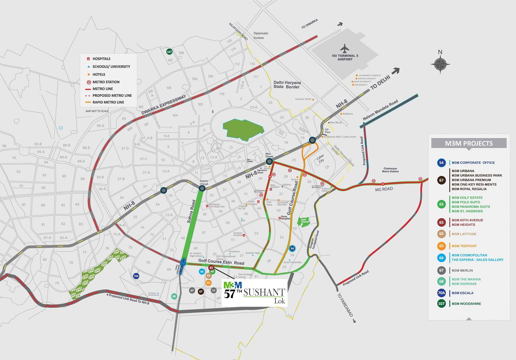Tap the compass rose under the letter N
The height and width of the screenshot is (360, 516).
pos(440,64)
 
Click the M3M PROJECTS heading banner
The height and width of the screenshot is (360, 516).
pos(469,144)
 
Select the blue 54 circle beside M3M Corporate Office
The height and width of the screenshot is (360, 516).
pos(441,163)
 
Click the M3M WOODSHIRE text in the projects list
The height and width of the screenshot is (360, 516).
pos(466,304)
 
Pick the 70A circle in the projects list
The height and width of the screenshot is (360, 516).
pos(441,293)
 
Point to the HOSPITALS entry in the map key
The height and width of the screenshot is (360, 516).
pos(101,59)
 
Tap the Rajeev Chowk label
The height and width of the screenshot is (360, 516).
pos(204,182)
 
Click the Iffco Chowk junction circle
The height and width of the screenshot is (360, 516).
pos(269,161)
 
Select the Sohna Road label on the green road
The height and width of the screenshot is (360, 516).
pos(191,211)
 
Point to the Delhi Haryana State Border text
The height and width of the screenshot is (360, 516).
pos(287,85)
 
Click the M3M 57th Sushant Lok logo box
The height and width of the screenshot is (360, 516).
pos(254,293)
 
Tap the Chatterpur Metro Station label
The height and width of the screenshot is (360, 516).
pos(390,170)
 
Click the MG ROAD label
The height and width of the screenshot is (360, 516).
pos(384,189)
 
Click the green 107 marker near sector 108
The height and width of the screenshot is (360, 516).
pos(169,52)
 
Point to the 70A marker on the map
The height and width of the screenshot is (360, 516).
pos(136,276)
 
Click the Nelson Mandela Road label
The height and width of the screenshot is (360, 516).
pos(380,110)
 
